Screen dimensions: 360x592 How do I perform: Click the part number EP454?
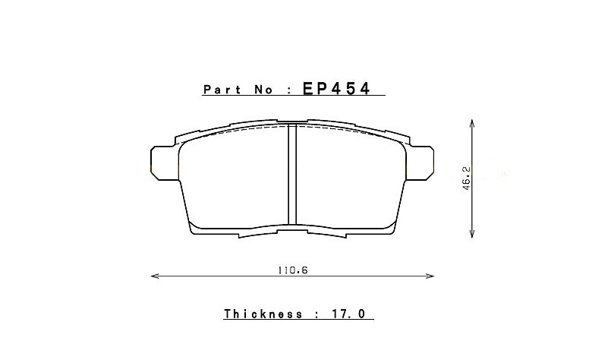tap(336, 89)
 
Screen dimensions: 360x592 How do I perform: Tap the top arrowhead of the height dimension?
tap(472, 122)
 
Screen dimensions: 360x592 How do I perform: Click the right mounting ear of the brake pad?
tap(425, 163)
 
